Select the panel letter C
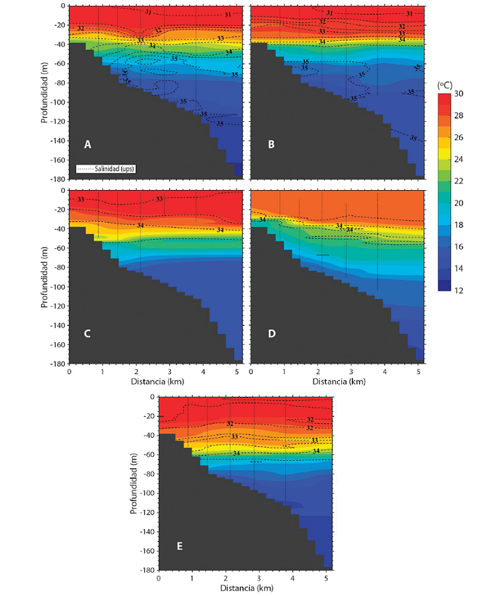click(x=87, y=333)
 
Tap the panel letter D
click(x=272, y=333)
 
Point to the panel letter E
click(x=180, y=546)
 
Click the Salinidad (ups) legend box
click(x=106, y=169)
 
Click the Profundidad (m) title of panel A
click(x=44, y=92)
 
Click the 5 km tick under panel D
click(x=419, y=372)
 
